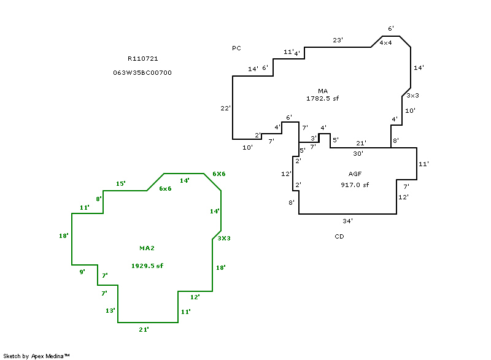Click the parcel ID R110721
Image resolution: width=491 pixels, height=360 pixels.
(x=143, y=58)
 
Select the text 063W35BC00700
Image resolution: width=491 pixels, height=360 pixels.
(x=142, y=72)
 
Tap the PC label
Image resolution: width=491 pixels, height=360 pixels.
(x=236, y=48)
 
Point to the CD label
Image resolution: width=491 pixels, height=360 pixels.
(x=339, y=237)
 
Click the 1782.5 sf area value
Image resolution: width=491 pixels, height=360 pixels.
(x=323, y=98)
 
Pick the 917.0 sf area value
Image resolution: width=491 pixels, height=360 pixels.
(x=355, y=185)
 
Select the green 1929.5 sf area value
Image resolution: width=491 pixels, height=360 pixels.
(x=147, y=266)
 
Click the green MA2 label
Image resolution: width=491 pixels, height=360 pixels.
(x=147, y=248)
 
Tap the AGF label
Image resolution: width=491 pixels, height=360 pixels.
(x=355, y=174)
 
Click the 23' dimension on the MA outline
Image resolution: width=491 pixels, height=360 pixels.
(x=338, y=40)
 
